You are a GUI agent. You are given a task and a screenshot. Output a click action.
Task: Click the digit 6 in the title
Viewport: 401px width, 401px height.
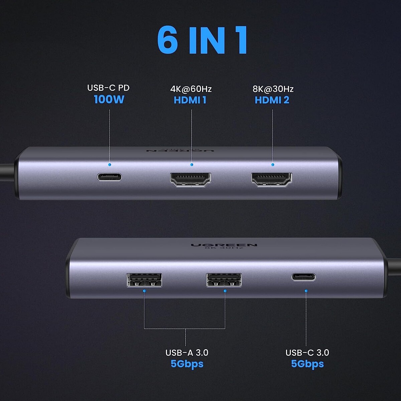pos(167,40)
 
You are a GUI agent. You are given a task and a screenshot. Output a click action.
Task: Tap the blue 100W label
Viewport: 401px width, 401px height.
pos(109,99)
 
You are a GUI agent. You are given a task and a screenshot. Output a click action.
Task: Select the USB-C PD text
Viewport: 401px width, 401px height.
pos(108,88)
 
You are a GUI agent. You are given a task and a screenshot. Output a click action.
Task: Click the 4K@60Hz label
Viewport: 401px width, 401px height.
pos(191,89)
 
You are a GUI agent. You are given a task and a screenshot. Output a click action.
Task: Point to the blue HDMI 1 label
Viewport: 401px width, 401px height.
pos(190,100)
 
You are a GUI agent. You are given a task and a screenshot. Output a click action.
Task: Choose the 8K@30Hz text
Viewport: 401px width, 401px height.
pos(273,89)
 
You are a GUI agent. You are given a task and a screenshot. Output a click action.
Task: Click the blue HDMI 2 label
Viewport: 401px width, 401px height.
pos(272,100)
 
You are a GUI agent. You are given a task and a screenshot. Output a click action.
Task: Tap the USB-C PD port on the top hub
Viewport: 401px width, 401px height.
pos(110,177)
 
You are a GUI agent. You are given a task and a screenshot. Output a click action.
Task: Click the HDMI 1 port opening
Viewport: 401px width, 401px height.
pos(190,179)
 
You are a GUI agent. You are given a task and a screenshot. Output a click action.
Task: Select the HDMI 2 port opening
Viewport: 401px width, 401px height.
pos(272,179)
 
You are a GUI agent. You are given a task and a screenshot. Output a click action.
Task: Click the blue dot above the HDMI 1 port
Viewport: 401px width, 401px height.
pos(192,165)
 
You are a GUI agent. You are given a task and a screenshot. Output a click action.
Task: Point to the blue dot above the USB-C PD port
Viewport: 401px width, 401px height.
pos(110,165)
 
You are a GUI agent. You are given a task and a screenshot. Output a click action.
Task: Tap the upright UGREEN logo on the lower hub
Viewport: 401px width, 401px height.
pos(224,245)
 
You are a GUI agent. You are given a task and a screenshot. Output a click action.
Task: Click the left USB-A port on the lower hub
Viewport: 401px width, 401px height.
pos(144,280)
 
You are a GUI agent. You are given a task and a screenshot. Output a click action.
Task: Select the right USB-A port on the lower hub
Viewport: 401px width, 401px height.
pos(224,280)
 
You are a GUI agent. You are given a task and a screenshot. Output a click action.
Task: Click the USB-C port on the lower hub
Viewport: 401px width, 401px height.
pos(303,277)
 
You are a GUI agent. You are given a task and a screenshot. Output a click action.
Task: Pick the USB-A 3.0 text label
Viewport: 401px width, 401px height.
pos(187,353)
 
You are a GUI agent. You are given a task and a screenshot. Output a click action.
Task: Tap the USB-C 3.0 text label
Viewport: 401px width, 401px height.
pos(307,353)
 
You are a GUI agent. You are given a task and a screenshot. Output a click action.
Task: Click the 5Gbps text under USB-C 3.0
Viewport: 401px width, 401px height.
pos(307,364)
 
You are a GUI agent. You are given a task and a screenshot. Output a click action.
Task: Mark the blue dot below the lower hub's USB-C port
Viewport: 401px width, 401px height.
pos(306,291)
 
